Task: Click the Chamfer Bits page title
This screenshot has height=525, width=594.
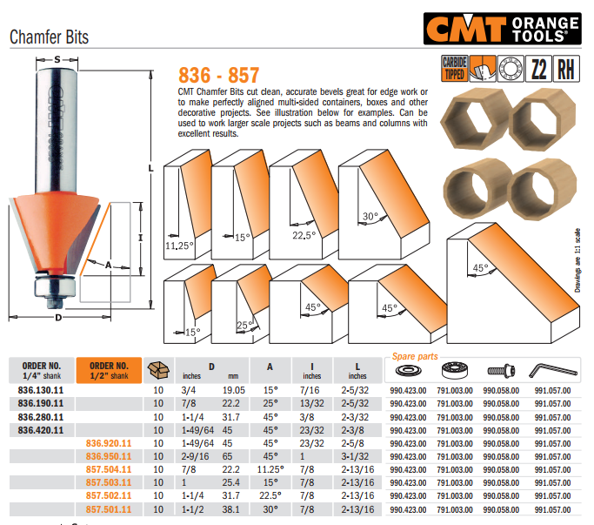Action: pyautogui.click(x=50, y=37)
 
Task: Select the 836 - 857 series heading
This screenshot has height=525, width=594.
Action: pyautogui.click(x=217, y=75)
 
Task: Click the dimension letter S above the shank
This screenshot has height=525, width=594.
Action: pyautogui.click(x=57, y=59)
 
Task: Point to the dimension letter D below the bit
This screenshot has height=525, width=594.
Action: pyautogui.click(x=57, y=317)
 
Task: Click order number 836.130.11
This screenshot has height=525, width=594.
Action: pyautogui.click(x=41, y=391)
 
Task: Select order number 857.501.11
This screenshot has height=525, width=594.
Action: pyautogui.click(x=109, y=508)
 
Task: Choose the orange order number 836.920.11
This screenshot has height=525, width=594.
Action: pyautogui.click(x=109, y=443)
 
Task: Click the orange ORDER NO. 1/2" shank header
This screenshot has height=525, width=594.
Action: pyautogui.click(x=109, y=370)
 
